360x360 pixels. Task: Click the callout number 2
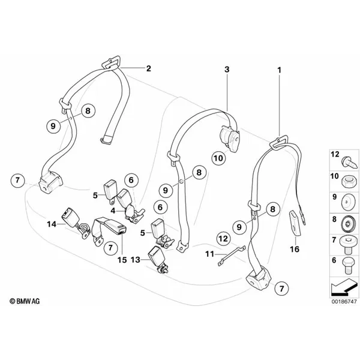[149, 68]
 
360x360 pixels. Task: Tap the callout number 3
[227, 69]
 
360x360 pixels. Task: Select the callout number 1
[280, 70]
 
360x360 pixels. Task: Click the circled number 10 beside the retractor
[218, 158]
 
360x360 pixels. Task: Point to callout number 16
[295, 249]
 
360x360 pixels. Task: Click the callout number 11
[209, 254]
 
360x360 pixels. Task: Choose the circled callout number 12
[224, 239]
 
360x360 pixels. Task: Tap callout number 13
[135, 260]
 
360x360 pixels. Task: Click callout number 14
[52, 224]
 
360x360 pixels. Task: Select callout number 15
[122, 260]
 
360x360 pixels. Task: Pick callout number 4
[113, 211]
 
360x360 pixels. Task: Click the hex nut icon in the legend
[346, 180]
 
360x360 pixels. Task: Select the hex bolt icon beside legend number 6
[347, 266]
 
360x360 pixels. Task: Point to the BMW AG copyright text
[25, 301]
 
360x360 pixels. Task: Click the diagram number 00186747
[344, 301]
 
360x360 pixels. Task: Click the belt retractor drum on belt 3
[230, 138]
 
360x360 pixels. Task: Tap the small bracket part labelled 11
[232, 256]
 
